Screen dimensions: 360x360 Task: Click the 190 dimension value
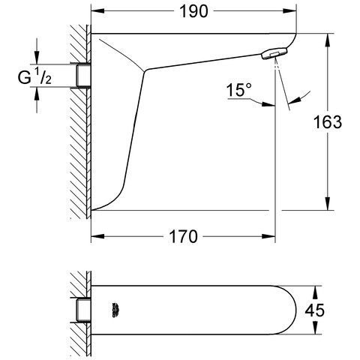coord(193,11)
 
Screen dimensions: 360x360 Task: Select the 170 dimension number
coord(184,236)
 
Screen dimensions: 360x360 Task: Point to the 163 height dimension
coord(328,122)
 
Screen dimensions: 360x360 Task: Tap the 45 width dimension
coord(314,310)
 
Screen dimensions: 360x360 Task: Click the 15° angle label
coord(239,90)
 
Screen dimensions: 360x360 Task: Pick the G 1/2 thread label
coord(34,76)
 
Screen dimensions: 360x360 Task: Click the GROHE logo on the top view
coord(115,310)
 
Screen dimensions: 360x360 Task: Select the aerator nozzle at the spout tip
coord(274,53)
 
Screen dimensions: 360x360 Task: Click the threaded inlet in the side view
coord(83,76)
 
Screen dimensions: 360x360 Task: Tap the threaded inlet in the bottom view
coord(83,310)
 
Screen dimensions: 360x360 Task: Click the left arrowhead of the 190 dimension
coord(97,11)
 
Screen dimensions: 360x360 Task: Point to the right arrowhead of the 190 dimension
coord(289,11)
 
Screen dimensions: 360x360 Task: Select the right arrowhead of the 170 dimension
coord(268,236)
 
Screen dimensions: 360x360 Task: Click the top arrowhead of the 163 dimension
coord(327,40)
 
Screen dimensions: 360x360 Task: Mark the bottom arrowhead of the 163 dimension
coord(327,203)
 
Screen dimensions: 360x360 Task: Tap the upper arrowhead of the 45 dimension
coord(315,292)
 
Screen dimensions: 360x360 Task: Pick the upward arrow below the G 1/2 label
coord(37,94)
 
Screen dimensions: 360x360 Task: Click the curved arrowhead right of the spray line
coord(294,100)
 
